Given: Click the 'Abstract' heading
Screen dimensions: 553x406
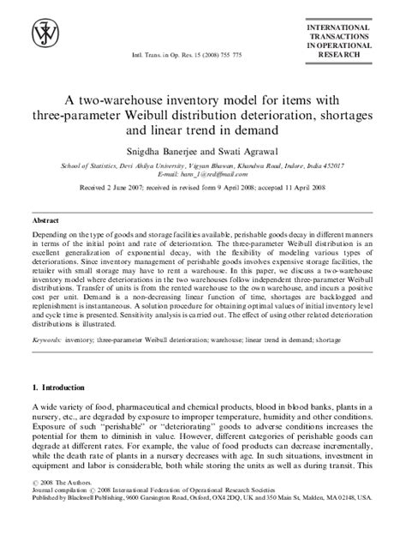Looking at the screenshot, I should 46,219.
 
